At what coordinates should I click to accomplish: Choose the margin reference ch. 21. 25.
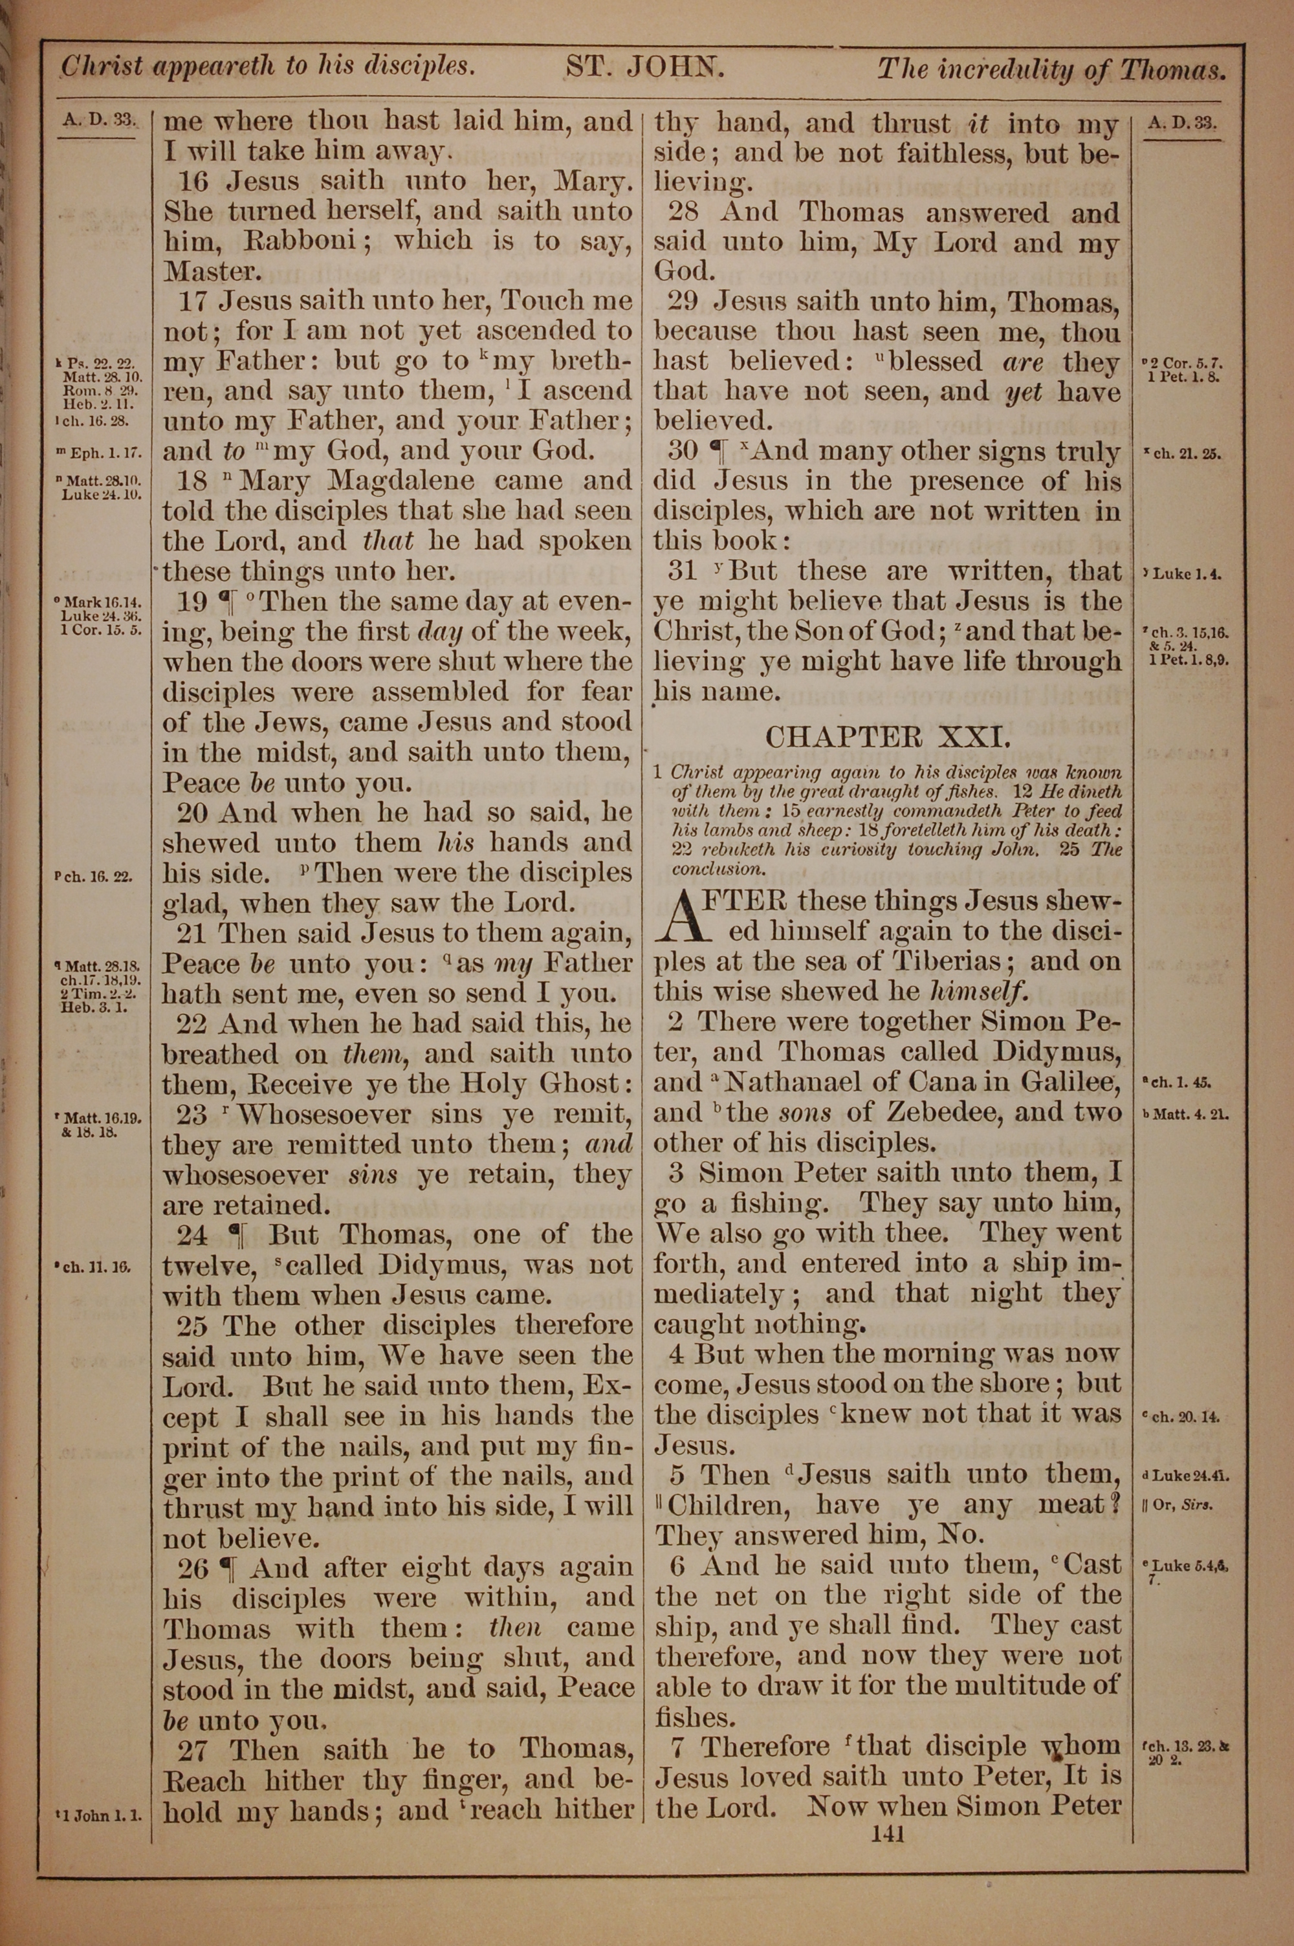tap(1183, 454)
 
